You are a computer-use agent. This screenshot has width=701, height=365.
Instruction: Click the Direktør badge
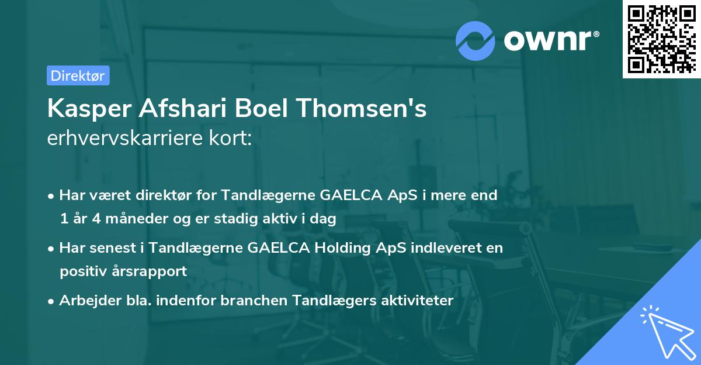click(78, 75)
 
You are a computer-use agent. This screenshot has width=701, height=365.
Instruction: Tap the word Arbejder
click(85, 301)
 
